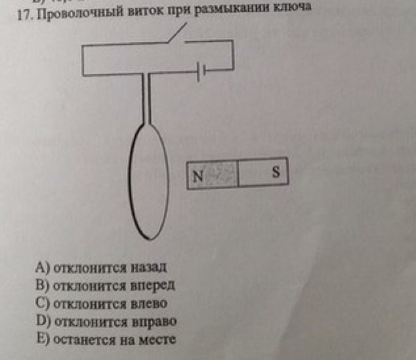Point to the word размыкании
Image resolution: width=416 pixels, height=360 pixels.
pos(226,11)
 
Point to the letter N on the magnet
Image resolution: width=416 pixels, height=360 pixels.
pos(198,175)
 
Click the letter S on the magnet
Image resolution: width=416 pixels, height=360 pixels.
pos(276,172)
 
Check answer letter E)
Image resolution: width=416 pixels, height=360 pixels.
pos(45,340)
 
